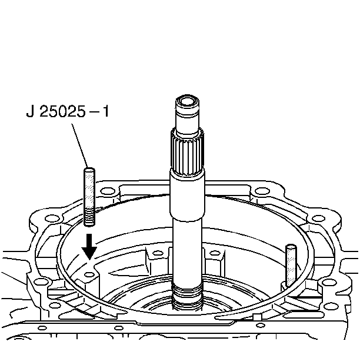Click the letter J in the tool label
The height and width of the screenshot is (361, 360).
click(30, 111)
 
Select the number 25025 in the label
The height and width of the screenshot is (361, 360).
click(62, 111)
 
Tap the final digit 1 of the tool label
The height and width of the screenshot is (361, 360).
click(105, 111)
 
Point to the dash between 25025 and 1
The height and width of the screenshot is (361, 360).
click(94, 112)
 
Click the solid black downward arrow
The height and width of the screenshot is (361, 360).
click(89, 247)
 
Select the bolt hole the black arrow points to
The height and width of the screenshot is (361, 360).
click(89, 274)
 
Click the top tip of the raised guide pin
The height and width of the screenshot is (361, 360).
click(89, 169)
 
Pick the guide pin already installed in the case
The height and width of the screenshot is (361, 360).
click(291, 266)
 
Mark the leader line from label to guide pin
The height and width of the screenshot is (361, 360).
click(79, 145)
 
